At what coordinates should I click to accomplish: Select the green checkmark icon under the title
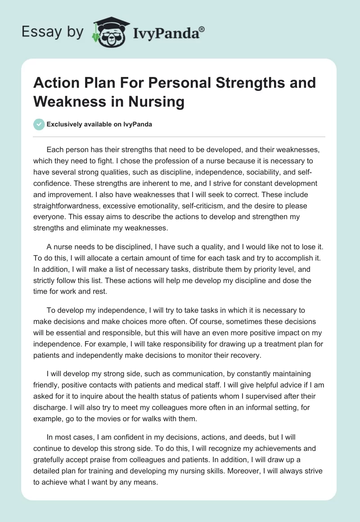pyautogui.click(x=39, y=124)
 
